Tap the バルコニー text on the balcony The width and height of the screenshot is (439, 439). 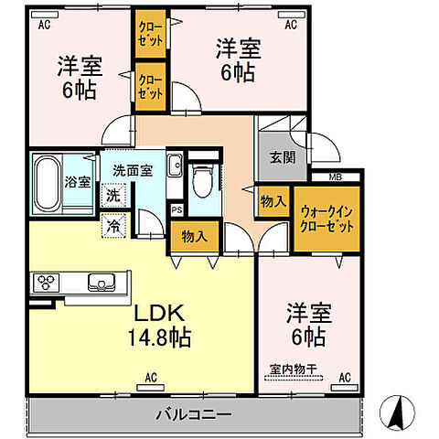191,413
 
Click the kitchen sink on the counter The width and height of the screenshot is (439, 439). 101,282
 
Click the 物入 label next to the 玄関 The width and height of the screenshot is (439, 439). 273,200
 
